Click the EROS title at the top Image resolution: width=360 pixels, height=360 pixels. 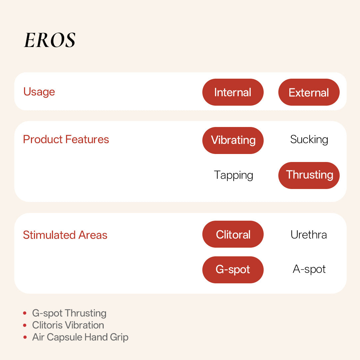click(50, 40)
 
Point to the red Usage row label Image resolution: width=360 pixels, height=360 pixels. click(39, 92)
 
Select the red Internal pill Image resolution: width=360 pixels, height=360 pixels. click(233, 92)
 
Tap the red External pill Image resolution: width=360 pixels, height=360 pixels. click(309, 92)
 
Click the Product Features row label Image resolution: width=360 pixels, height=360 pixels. click(66, 139)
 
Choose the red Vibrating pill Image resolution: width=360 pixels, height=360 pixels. click(233, 140)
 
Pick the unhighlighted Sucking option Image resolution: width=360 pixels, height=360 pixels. click(309, 140)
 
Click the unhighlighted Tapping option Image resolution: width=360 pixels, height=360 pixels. click(233, 175)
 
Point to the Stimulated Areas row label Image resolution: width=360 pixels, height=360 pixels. click(65, 235)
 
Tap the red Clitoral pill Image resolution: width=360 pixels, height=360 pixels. click(233, 234)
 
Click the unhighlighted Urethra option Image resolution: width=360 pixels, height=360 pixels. click(309, 235)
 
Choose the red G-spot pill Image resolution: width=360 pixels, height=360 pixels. click(233, 270)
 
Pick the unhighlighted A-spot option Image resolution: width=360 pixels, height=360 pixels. click(309, 269)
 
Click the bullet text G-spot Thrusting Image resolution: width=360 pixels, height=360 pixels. click(69, 313)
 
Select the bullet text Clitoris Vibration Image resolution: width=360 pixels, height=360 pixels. click(68, 325)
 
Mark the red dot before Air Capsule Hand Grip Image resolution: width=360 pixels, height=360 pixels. click(25, 337)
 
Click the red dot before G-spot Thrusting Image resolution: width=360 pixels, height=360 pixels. click(25, 313)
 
